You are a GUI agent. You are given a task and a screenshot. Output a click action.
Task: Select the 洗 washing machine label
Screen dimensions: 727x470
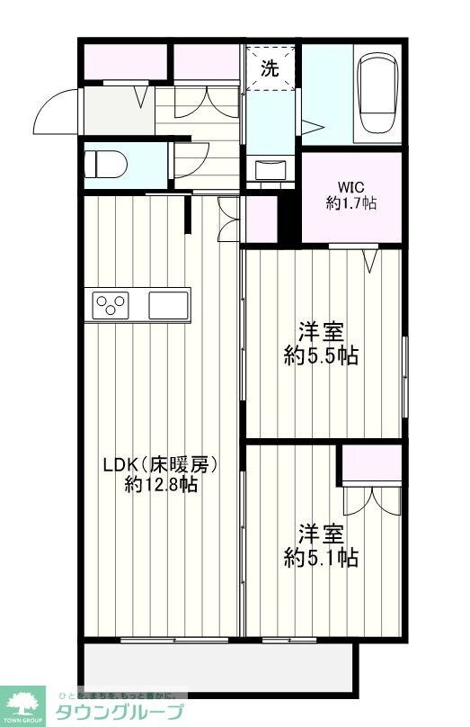pos(270,67)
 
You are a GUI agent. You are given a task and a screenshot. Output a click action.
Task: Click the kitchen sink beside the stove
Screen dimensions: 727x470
pos(168,304)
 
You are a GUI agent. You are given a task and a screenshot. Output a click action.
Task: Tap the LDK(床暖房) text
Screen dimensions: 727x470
pos(161,465)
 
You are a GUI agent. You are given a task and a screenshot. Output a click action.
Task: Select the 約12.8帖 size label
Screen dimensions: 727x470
pos(161,486)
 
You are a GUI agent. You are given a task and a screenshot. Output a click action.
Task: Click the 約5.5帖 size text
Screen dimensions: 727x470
pos(321,356)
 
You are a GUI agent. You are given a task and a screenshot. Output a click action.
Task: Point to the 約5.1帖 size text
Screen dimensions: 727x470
pos(321,558)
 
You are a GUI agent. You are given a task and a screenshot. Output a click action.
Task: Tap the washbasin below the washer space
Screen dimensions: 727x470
pos(270,170)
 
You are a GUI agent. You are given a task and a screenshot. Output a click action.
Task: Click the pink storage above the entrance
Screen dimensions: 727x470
pos(126,61)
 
